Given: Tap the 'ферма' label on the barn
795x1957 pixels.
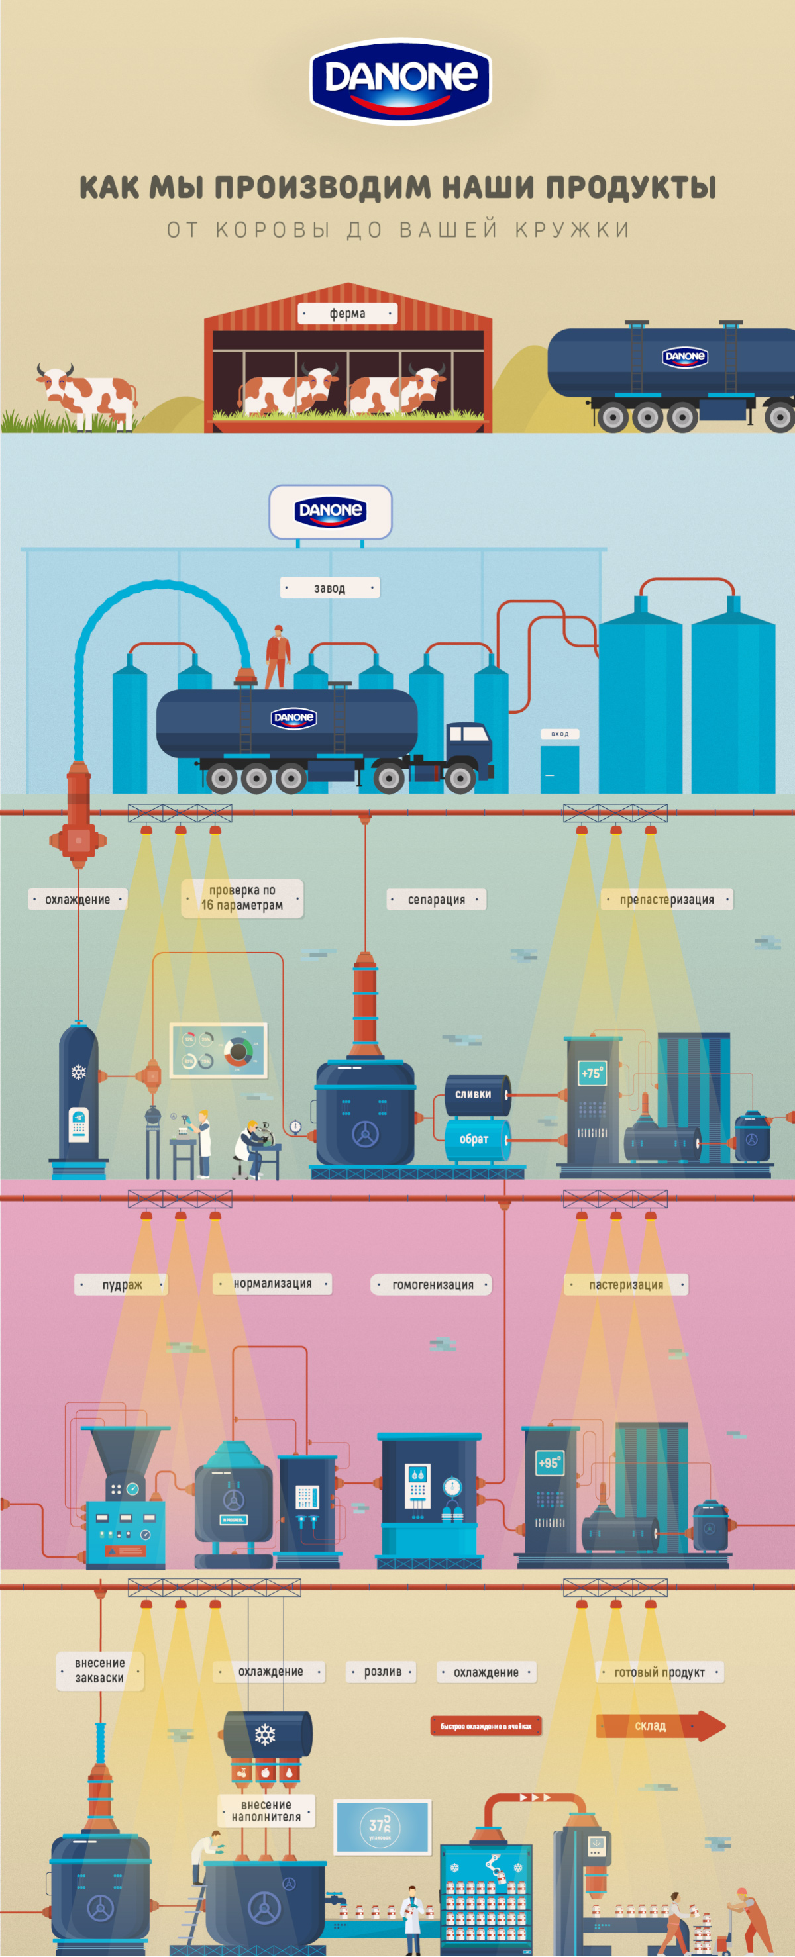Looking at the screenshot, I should pos(347,313).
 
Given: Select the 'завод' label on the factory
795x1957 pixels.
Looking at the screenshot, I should pos(330,587).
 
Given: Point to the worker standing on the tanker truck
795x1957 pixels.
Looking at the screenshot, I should pos(278,656).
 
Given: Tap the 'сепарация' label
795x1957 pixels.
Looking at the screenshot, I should pos(437,900).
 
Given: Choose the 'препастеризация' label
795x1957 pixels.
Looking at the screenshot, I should pos(666,900).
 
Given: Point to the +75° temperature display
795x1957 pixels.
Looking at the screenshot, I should pos(592,1073).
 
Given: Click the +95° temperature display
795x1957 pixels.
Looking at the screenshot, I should pos(549,1462).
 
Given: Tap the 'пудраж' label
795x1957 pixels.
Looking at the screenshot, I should pos(122,1284).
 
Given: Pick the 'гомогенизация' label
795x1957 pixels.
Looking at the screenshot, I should pos(433,1284).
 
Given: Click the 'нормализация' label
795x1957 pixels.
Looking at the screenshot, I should pos(272,1283).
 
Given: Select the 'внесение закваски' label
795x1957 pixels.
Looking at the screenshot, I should pos(99,1670).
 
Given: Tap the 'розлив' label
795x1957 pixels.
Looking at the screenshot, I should pos(382,1672).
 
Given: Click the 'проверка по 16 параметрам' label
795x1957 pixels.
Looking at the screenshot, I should pos(242,898).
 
